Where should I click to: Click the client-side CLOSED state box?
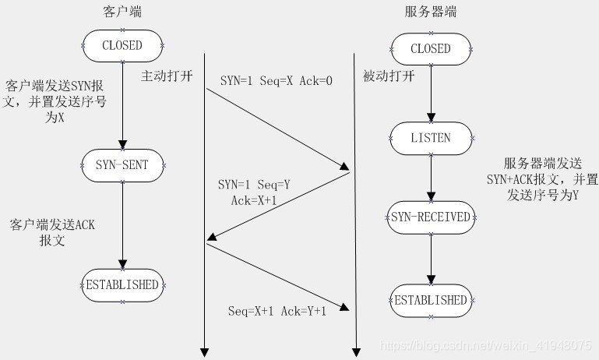pos(122,46)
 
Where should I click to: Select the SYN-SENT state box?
pos(122,164)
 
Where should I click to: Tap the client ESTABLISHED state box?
pos(122,284)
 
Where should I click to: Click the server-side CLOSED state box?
pos(431,48)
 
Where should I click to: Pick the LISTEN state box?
pos(431,138)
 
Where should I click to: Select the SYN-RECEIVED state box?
pos(431,217)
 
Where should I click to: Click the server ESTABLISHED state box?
pos(431,300)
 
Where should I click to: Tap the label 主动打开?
pos(166,76)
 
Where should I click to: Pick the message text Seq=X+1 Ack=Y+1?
pos(277,310)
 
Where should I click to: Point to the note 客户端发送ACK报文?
pos(52,232)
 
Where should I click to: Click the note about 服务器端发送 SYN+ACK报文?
pos(550,180)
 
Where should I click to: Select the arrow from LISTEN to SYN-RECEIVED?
pos(431,178)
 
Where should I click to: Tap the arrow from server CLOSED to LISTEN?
pos(431,94)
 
